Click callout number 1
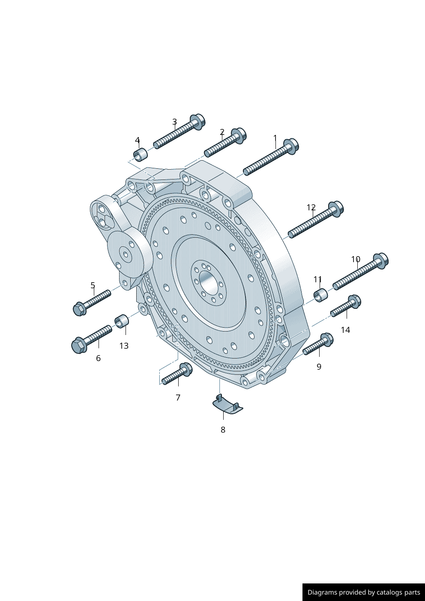tap(275, 138)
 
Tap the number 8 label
tap(223, 430)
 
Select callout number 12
tap(311, 207)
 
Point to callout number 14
tap(346, 330)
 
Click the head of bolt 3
tap(198, 122)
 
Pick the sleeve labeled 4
tap(141, 155)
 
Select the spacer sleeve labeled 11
tap(320, 295)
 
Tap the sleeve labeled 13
tap(122, 321)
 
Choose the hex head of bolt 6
tap(79, 345)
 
